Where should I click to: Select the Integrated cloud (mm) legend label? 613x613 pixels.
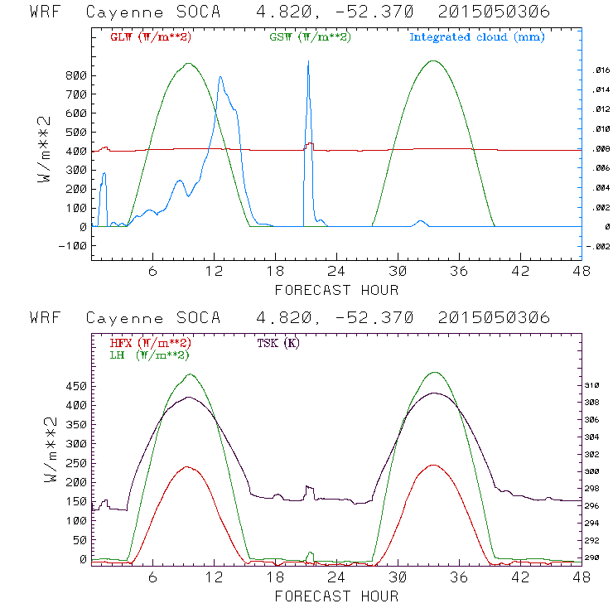pos(477,37)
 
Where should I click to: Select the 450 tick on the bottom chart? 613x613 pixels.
pos(77,386)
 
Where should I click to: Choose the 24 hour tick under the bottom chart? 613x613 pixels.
pos(337,577)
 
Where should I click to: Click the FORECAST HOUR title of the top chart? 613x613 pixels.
pos(336,290)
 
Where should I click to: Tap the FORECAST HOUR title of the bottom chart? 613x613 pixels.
pos(336,596)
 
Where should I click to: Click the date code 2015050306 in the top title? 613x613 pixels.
pos(494,12)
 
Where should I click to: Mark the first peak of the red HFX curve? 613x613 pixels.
pos(191,467)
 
